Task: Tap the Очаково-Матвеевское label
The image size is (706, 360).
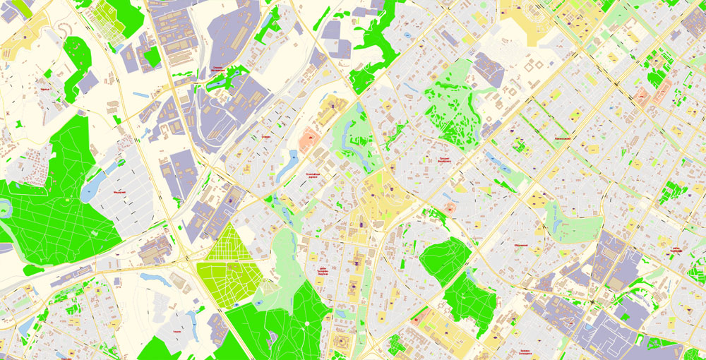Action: (x=218, y=69)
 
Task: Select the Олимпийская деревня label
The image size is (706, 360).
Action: (x=316, y=174)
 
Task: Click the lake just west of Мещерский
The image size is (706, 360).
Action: (x=92, y=189)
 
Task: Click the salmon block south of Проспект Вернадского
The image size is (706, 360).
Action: (x=450, y=208)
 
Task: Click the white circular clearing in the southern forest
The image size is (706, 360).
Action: (x=309, y=323)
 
